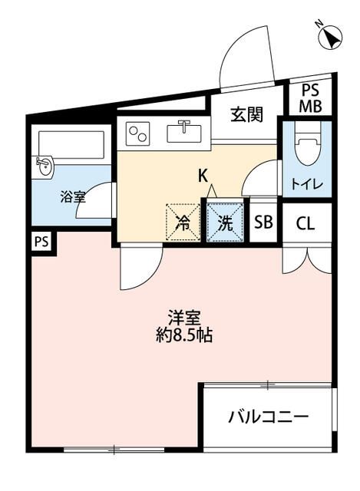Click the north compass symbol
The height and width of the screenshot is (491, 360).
tap(329, 36)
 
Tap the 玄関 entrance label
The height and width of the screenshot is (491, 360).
tap(246, 114)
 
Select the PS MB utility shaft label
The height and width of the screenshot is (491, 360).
tap(310, 99)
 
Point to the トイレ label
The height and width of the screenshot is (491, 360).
tap(307, 185)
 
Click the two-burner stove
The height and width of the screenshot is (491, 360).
tap(138, 133)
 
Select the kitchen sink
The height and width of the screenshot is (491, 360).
tap(184, 132)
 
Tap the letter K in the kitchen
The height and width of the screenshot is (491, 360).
tap(203, 176)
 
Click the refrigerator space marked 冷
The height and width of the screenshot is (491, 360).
tap(183, 222)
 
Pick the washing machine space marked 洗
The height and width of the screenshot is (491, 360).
tap(225, 222)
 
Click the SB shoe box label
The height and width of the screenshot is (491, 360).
tap(263, 222)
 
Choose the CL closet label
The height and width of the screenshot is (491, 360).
tap(306, 223)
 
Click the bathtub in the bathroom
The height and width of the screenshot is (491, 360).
tap(71, 145)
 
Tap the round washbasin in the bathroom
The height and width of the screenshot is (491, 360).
tap(45, 167)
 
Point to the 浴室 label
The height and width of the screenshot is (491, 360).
tap(73, 198)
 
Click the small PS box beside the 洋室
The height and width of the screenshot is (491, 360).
tap(41, 242)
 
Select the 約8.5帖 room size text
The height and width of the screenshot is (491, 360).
tap(184, 336)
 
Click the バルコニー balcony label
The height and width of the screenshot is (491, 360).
tap(269, 417)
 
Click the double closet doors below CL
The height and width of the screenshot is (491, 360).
tap(307, 259)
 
